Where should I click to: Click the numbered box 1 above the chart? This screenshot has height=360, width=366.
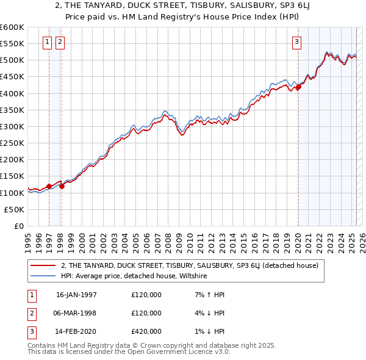pyautogui.click(x=48, y=42)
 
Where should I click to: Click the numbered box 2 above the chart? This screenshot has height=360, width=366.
pyautogui.click(x=60, y=42)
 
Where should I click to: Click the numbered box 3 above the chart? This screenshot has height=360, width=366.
pyautogui.click(x=296, y=42)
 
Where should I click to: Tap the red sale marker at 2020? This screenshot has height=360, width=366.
pyautogui.click(x=298, y=87)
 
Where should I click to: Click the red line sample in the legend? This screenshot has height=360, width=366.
pyautogui.click(x=43, y=266)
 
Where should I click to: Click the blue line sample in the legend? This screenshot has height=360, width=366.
pyautogui.click(x=43, y=276)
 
